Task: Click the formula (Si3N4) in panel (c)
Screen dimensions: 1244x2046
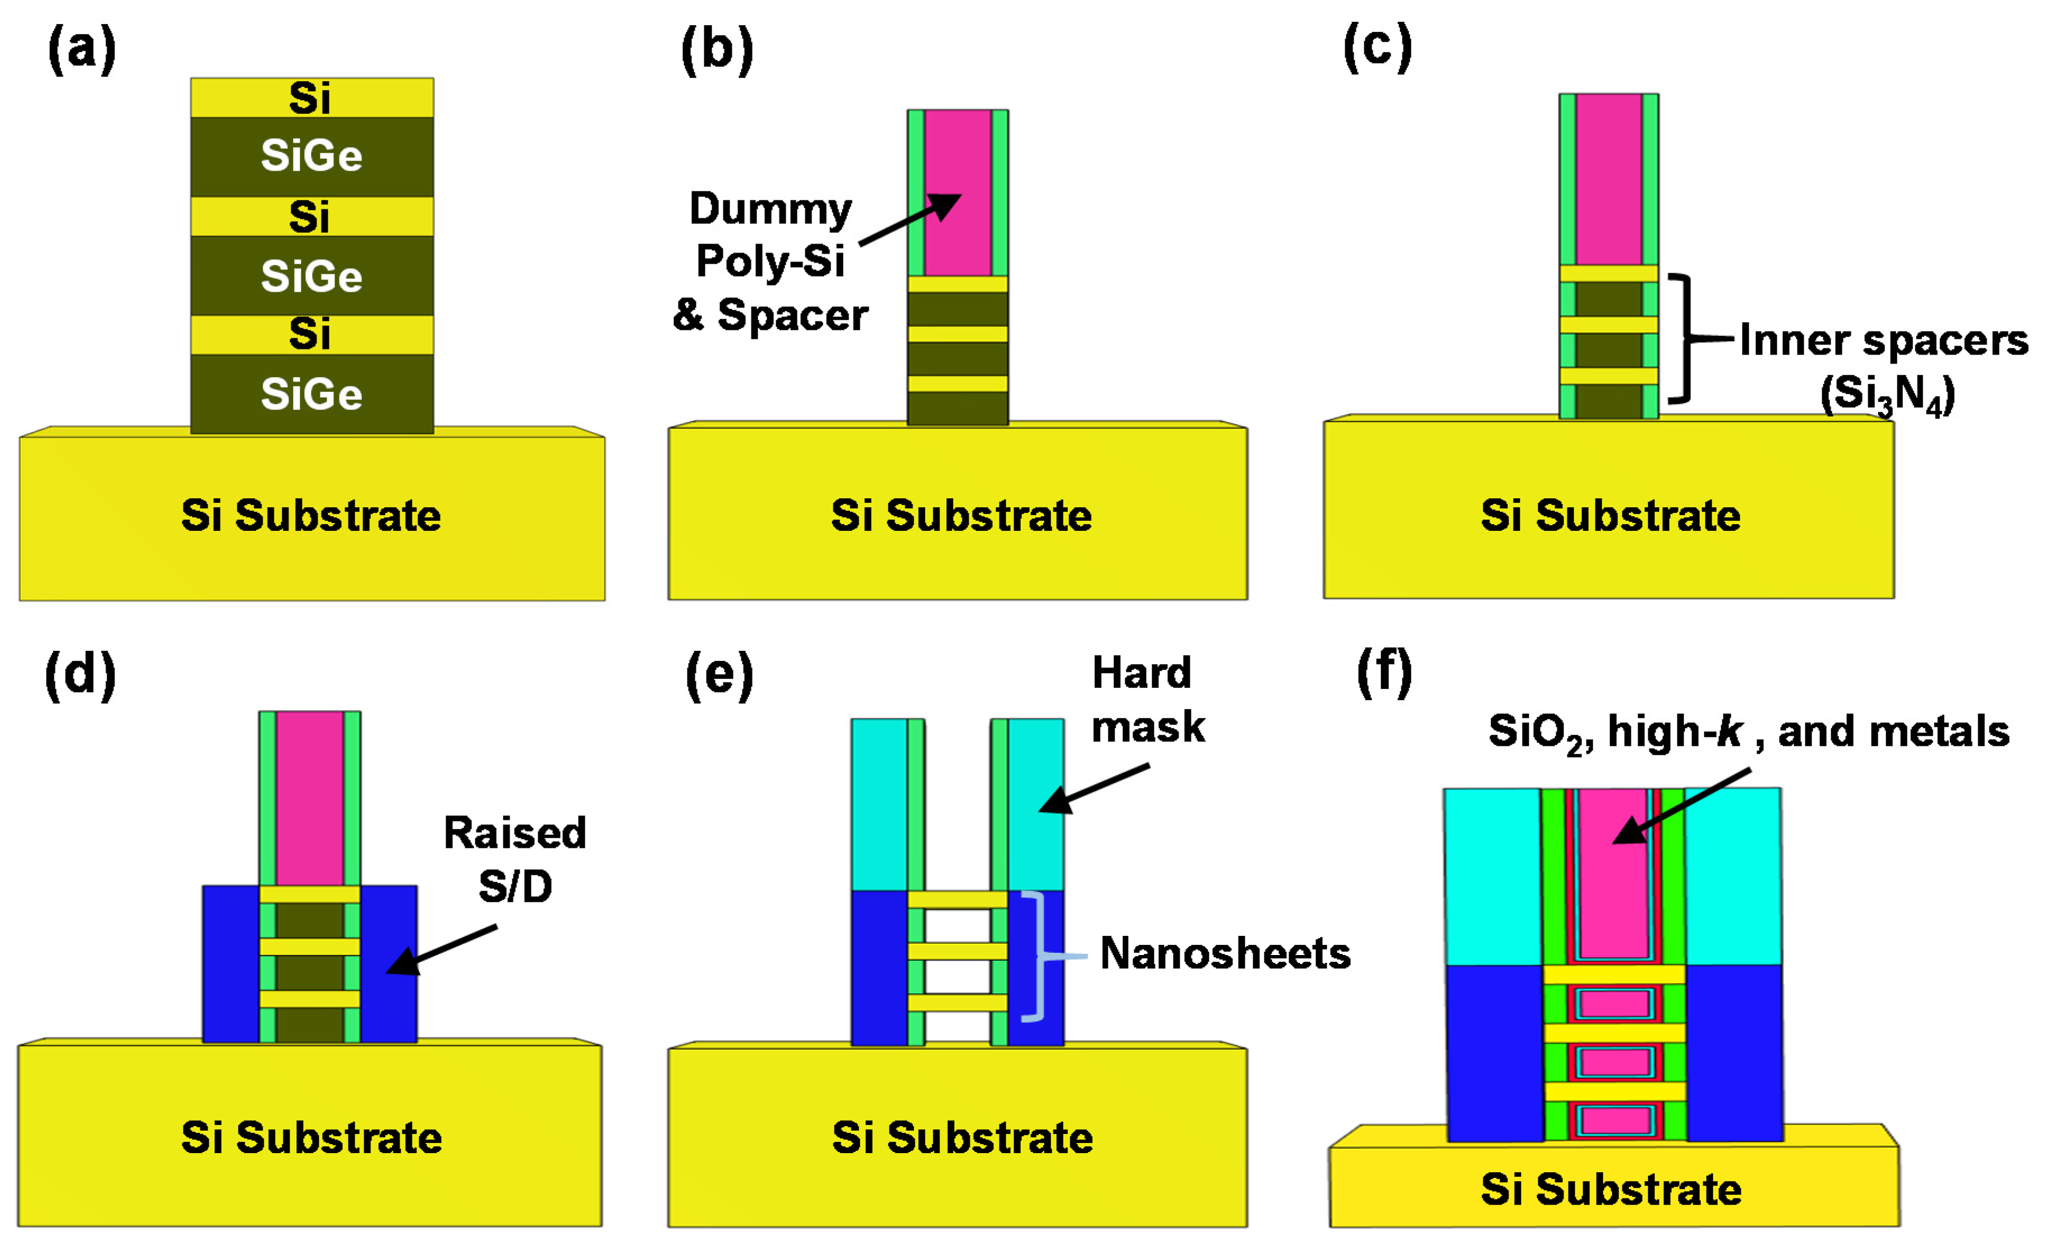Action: point(1887,394)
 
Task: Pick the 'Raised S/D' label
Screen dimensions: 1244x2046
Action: point(515,860)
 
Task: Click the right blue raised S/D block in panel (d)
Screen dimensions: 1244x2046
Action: point(389,963)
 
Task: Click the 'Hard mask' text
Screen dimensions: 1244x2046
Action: point(1146,699)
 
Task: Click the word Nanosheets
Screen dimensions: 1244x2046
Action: point(1225,953)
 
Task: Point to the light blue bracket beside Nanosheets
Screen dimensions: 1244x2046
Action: point(1038,955)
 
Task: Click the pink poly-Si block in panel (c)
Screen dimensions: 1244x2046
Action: point(1608,178)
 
